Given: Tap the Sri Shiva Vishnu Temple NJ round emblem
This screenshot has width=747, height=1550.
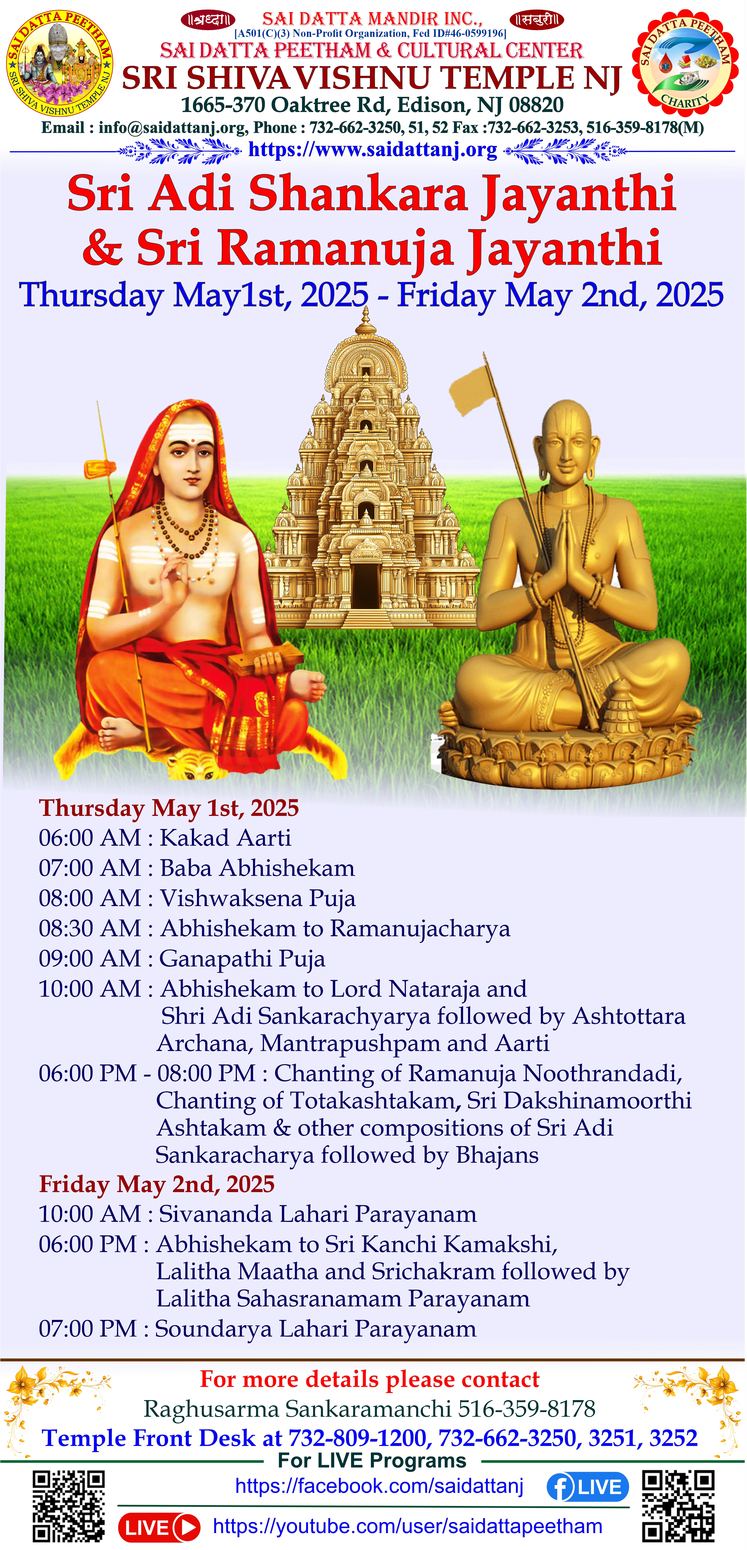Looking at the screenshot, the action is (60, 63).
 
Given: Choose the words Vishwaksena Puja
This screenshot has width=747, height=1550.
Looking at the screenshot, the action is (258, 898).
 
